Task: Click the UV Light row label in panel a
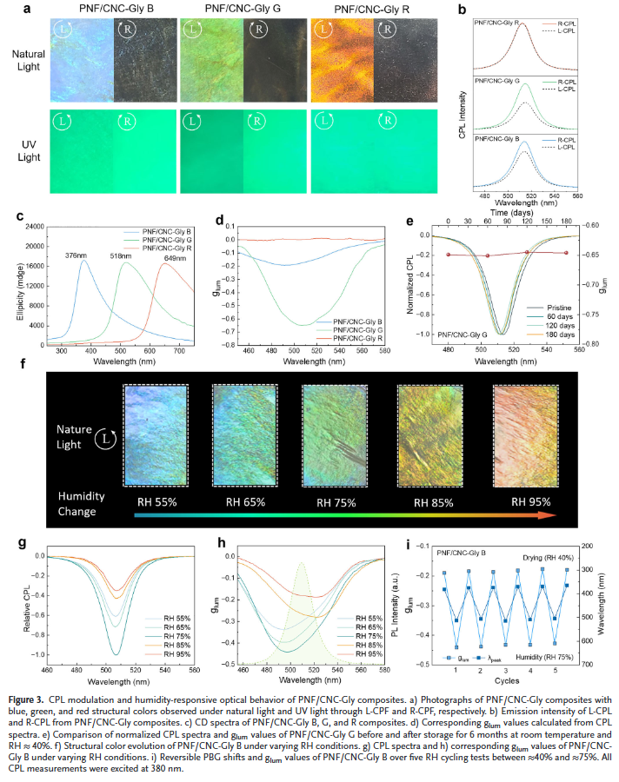(x=30, y=146)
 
